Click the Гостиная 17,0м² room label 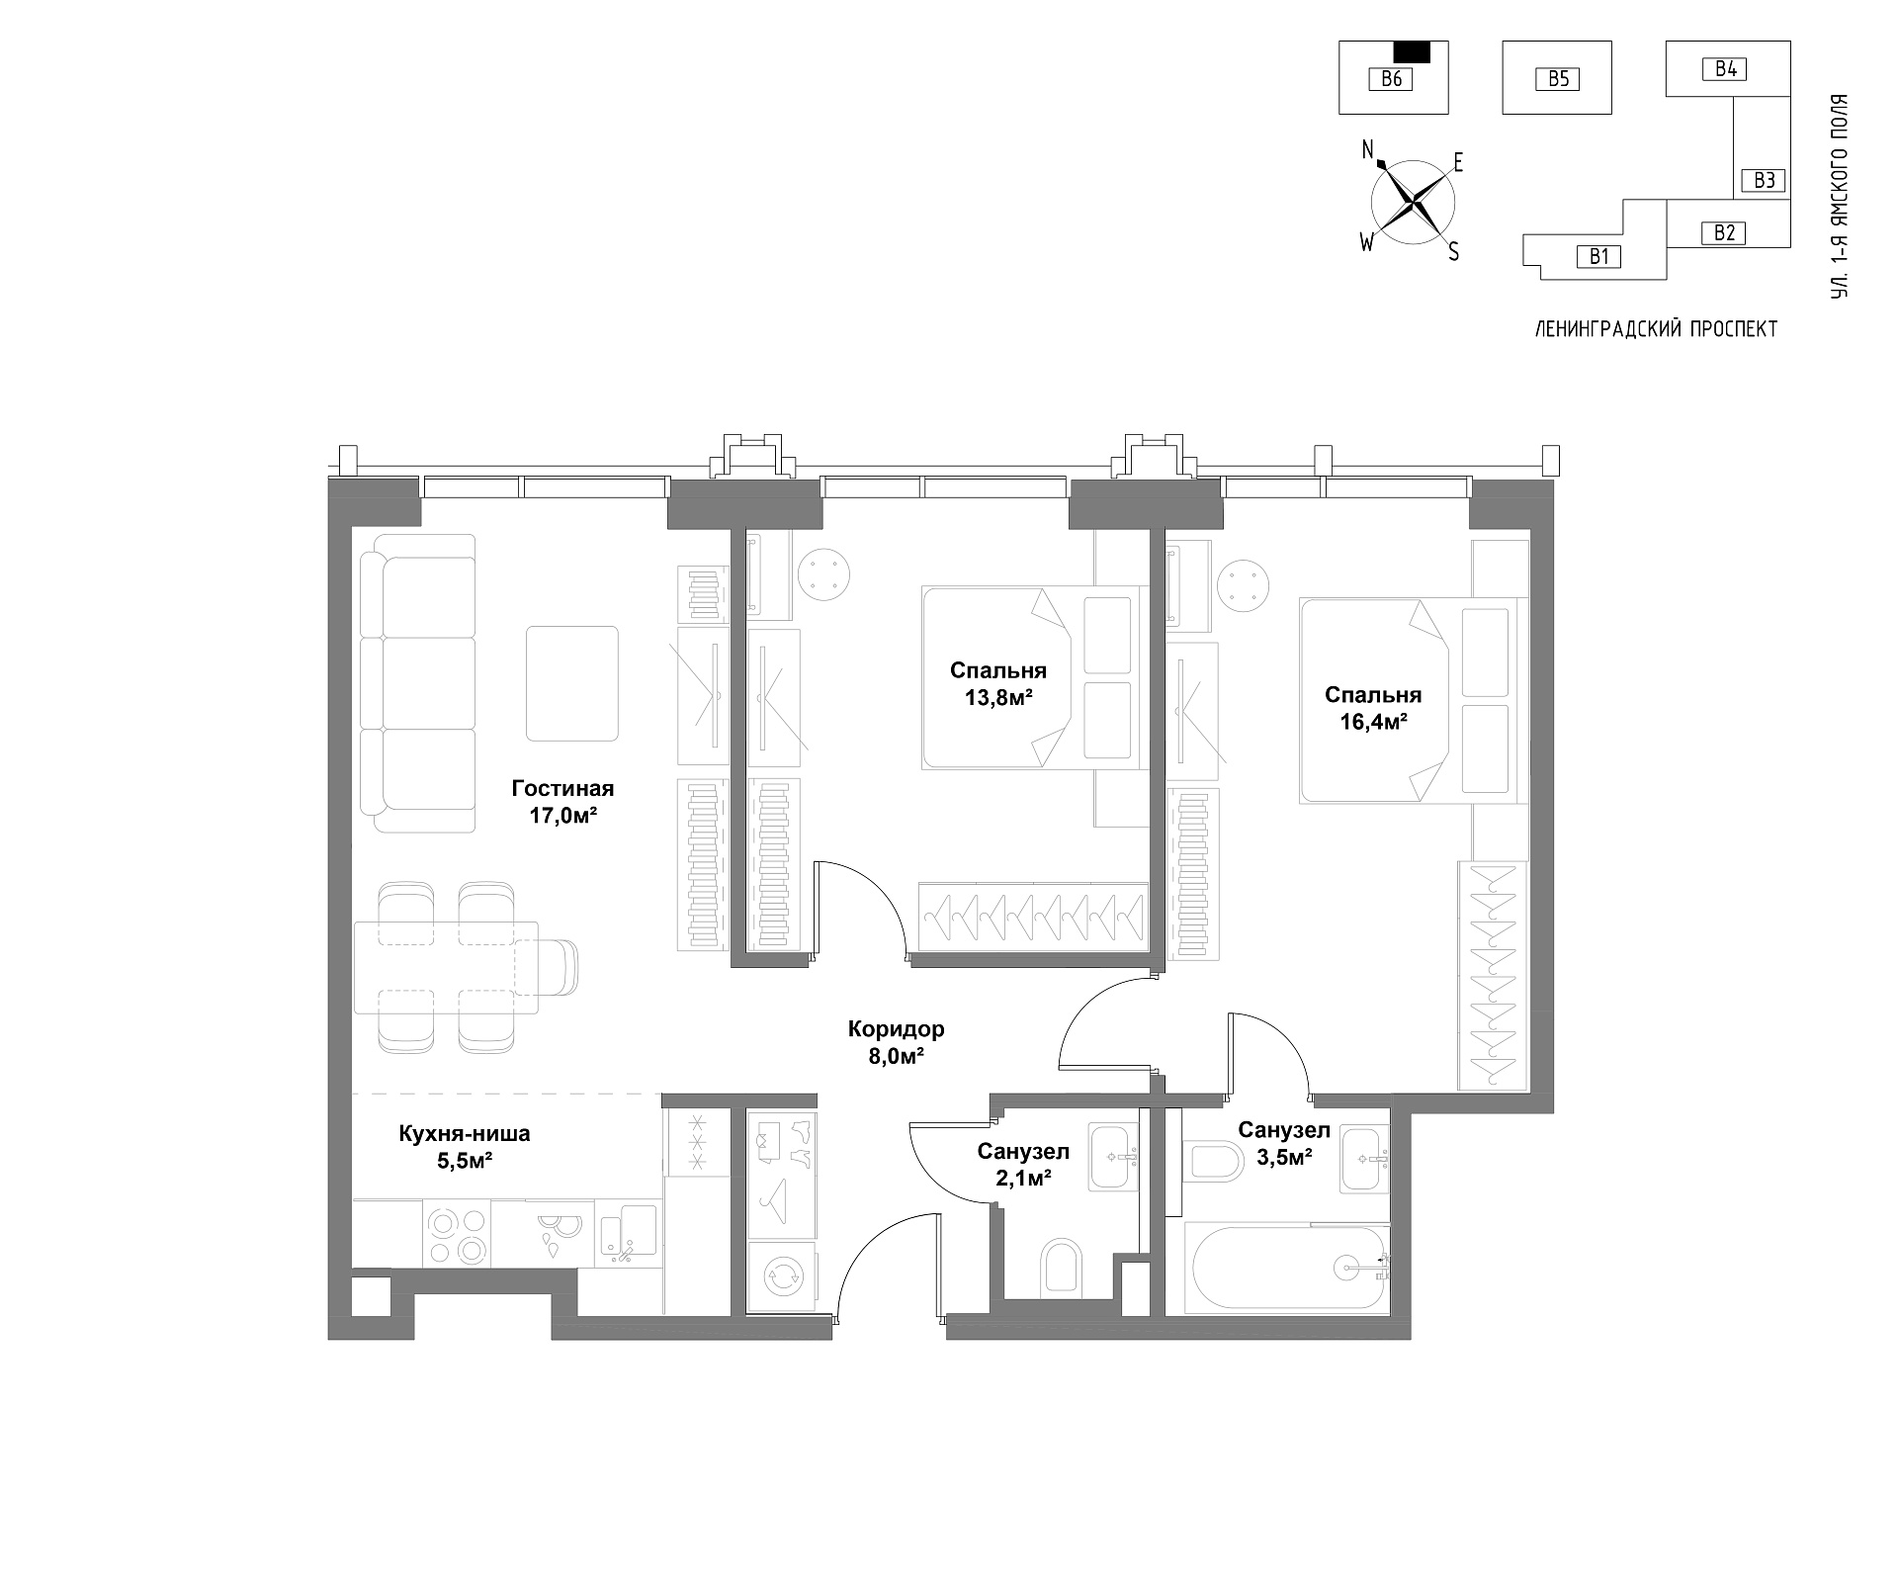click(562, 802)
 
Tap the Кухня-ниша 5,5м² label click(465, 1147)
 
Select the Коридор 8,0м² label click(897, 1042)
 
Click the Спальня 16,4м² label click(1373, 708)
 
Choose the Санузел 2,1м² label click(1023, 1165)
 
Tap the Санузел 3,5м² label click(1284, 1143)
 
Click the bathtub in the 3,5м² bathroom click(1289, 1270)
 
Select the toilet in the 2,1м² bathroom click(1062, 1267)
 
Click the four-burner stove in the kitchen click(458, 1234)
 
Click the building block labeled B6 click(1393, 77)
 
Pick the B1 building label click(1599, 257)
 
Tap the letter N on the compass click(1369, 150)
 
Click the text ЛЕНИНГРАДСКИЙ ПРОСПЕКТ click(1656, 329)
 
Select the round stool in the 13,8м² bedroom click(824, 574)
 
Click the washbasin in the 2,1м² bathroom click(1115, 1155)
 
